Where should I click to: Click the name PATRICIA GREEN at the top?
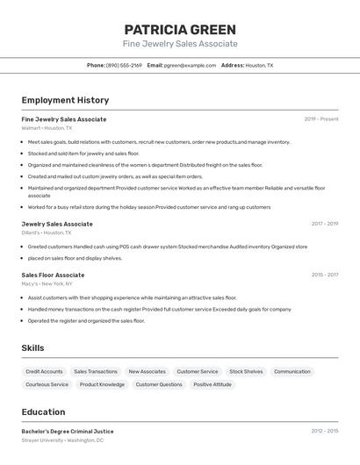pos(180,29)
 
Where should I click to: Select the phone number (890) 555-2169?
pos(124,65)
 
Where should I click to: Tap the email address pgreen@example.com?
pos(191,65)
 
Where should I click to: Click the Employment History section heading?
pos(65,100)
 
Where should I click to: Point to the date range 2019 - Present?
pos(321,119)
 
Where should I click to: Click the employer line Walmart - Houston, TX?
pos(47,128)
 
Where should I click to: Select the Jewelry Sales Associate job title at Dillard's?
pos(57,224)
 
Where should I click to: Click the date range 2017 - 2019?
pos(325,224)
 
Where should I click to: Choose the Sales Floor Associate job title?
pos(54,275)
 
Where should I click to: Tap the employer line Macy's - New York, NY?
pos(47,284)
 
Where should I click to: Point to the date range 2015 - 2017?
pos(325,275)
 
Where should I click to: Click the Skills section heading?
pos(32,348)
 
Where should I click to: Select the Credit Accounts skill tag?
pos(44,372)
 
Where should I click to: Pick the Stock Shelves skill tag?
pos(246,372)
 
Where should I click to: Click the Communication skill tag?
pos(292,372)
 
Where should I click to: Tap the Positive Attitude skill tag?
pos(212,384)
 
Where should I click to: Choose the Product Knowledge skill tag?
pos(102,384)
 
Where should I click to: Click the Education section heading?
pos(43,411)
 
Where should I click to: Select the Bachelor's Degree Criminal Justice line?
pos(68,431)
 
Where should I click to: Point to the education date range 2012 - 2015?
pos(325,431)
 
